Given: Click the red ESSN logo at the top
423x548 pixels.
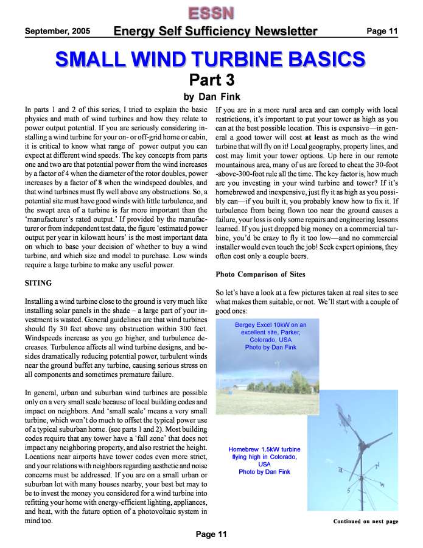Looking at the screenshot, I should (210, 13).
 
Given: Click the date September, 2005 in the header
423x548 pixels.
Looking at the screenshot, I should (57, 31).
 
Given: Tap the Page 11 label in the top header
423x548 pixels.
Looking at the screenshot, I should (382, 31).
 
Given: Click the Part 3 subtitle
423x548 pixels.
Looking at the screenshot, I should (211, 80).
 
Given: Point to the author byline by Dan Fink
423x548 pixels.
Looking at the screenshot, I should (211, 96).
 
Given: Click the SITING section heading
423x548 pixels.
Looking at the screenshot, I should (38, 283).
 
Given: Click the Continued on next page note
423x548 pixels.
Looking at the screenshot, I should (365, 521).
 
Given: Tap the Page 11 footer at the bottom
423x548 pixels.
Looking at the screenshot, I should (211, 535).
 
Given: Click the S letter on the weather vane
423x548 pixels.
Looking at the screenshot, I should (348, 491).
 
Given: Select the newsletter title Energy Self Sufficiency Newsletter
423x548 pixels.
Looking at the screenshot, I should (215, 31).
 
